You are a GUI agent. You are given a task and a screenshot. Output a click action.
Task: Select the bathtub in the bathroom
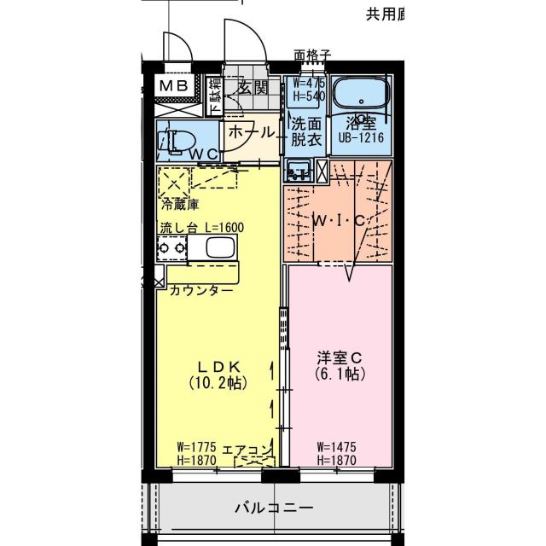tap(359, 96)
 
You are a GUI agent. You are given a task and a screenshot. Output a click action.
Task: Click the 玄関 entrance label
tap(253, 86)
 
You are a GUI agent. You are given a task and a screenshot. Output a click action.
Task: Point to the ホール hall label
tap(252, 132)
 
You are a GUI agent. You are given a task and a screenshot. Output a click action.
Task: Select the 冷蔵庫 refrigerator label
tap(180, 205)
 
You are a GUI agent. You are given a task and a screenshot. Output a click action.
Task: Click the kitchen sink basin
tap(218, 248)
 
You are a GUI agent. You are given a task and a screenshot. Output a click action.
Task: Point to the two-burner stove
tap(171, 248)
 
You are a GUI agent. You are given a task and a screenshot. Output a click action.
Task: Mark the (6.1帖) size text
tap(339, 375)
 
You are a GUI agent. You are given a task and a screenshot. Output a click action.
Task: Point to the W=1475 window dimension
tap(335, 446)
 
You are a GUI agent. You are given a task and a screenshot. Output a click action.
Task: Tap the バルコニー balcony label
tap(274, 508)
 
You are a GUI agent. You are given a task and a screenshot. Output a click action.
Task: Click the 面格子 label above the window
tap(312, 55)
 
